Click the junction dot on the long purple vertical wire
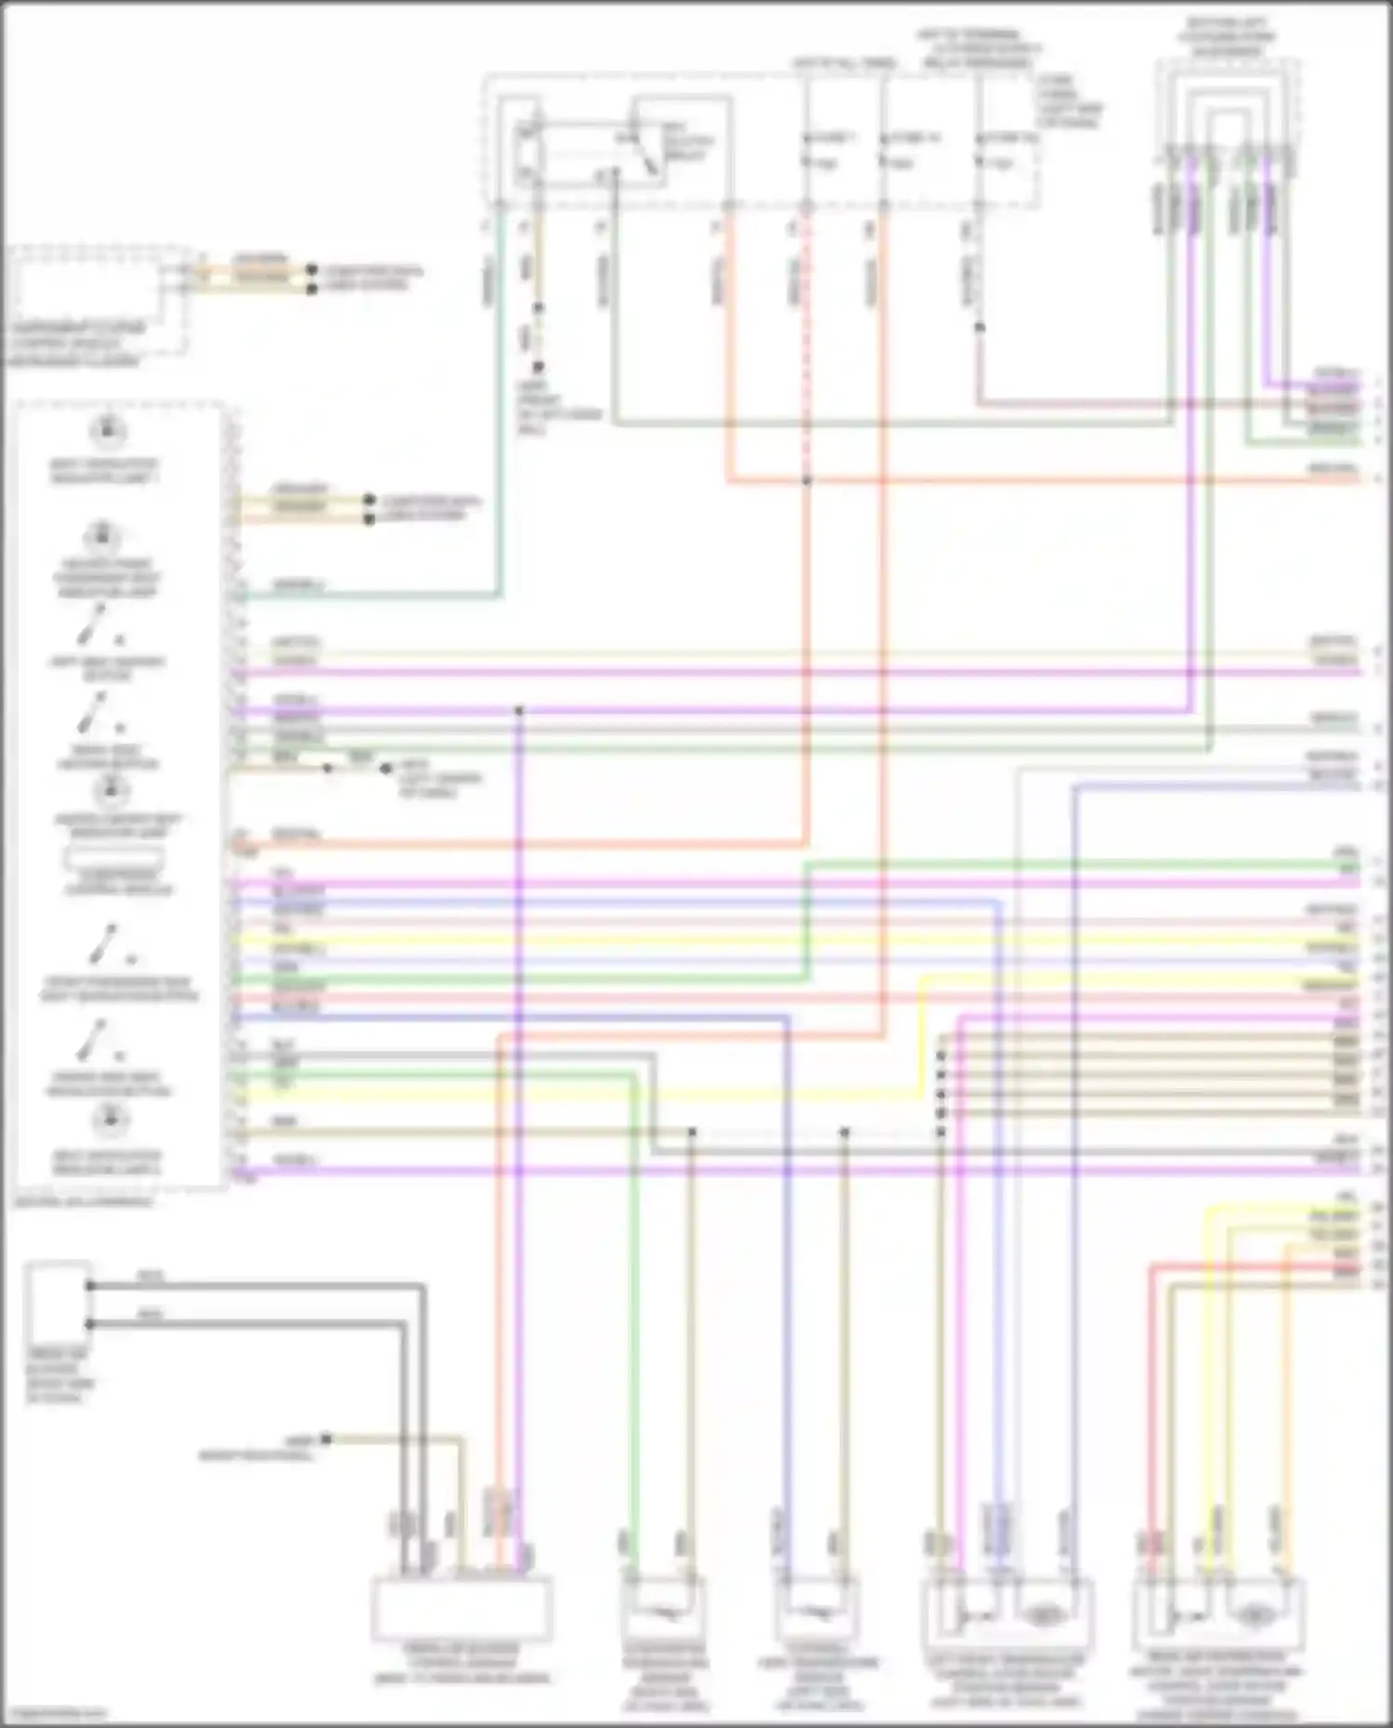(519, 711)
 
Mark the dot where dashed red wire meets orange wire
(806, 481)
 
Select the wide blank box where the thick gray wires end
(462, 1609)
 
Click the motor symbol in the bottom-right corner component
(1256, 1616)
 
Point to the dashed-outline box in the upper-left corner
(98, 299)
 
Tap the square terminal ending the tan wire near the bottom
(326, 1440)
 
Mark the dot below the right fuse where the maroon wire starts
(979, 327)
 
